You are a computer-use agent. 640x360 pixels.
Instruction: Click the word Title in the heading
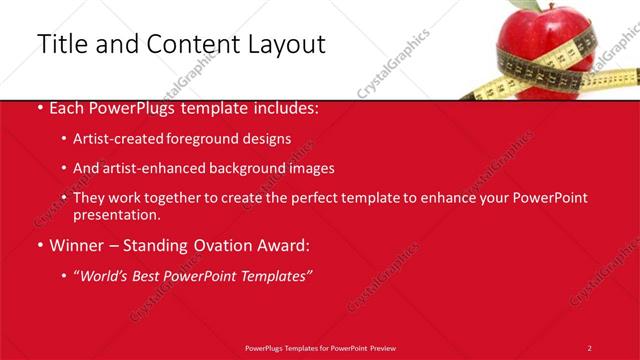pos(61,44)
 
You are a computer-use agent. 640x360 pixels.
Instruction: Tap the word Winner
pos(75,244)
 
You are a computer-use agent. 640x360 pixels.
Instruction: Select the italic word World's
pos(106,275)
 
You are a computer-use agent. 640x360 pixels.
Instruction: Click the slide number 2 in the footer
pos(589,347)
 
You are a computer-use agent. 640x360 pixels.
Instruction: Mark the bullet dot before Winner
pos(39,245)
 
